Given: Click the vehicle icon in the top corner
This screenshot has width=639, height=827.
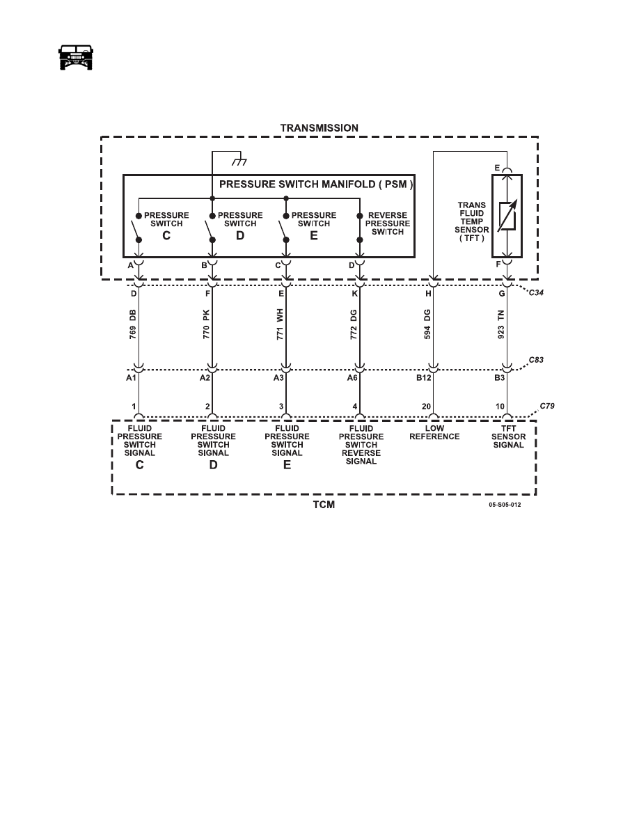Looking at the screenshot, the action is (75, 57).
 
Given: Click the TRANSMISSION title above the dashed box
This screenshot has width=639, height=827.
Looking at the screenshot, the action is (319, 128).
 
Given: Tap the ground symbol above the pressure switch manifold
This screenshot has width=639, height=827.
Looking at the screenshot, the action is (240, 162).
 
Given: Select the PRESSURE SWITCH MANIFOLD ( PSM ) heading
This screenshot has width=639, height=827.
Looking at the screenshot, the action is (316, 184).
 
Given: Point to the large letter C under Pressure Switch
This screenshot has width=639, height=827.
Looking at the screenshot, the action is (166, 236).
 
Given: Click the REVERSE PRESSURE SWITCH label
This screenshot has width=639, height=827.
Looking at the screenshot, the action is (388, 223).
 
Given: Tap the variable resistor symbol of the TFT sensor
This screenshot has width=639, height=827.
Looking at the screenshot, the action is (507, 216).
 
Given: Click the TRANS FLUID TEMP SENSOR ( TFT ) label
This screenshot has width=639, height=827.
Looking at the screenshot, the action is (472, 221).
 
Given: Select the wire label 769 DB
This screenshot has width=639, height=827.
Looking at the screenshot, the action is (133, 324).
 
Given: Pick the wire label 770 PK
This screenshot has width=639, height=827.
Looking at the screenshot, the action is (206, 324).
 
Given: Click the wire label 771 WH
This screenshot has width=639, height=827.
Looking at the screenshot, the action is (280, 324).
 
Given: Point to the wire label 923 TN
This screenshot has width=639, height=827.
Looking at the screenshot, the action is (501, 324).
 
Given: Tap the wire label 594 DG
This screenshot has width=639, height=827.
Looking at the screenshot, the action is (427, 324).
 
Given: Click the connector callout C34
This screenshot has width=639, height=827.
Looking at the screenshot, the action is (536, 292).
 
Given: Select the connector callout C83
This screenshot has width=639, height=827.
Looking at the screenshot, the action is (536, 360).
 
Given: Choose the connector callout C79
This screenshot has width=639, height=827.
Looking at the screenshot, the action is (547, 406).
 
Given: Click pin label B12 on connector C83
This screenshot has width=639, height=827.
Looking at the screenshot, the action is (424, 377).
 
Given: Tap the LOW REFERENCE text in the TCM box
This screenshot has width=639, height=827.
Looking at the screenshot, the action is (434, 432).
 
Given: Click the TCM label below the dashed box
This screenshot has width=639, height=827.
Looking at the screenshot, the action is (324, 505).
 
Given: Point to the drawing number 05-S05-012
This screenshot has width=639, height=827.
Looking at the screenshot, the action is (505, 505).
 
